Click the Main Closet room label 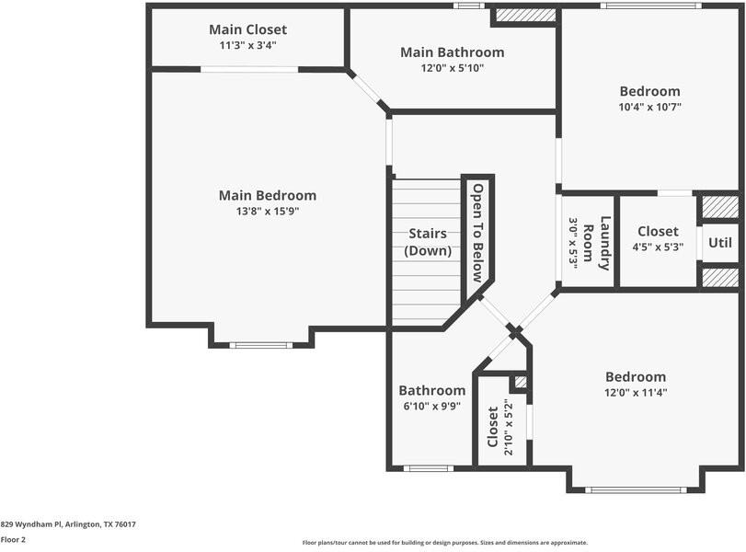pos(247,29)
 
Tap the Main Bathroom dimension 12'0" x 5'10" pos(452,67)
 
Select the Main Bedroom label pos(267,195)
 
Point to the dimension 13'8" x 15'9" pos(267,211)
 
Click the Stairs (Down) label pos(428,242)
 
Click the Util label pos(721,243)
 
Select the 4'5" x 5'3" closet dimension pos(658,247)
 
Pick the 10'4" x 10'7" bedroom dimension pos(649,107)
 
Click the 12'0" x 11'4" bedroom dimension pos(635,392)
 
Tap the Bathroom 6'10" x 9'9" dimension pos(431,405)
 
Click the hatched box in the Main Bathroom pos(526,16)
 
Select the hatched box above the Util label pos(720,207)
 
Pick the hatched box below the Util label pos(720,278)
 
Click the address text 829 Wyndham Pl pos(68,524)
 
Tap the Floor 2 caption pos(13,540)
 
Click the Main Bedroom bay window pos(260,345)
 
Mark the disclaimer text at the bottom pos(444,543)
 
